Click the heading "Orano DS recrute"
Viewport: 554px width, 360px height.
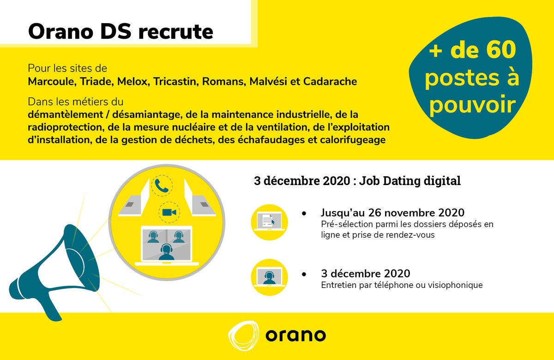pos(120,32)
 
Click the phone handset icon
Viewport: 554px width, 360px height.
pos(162,186)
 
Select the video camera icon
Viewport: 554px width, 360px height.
pos(169,212)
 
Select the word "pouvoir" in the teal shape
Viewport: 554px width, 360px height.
pos(471,105)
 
